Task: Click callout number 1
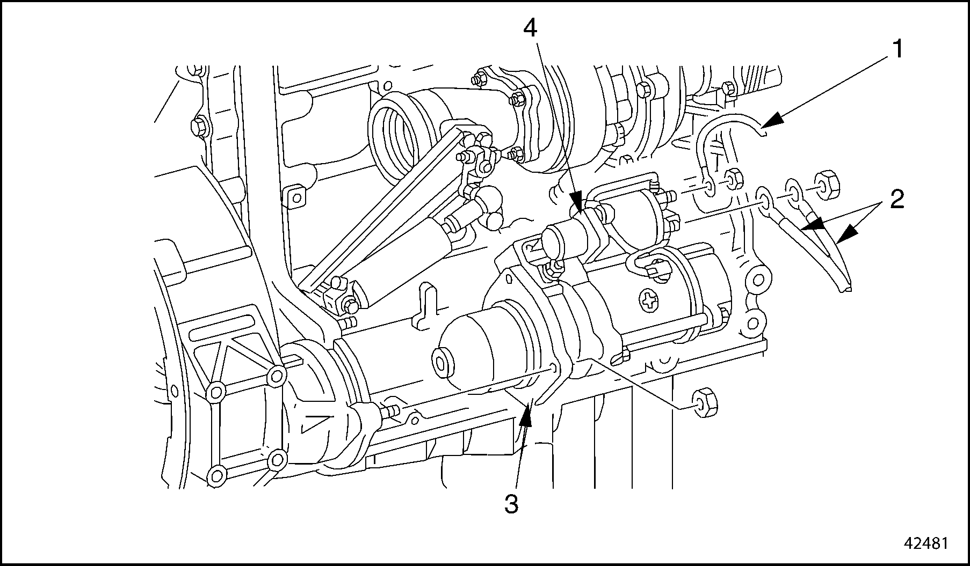point(898,50)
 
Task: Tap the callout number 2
point(896,200)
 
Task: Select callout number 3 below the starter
point(511,504)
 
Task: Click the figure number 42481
point(925,543)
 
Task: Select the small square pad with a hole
point(294,197)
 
